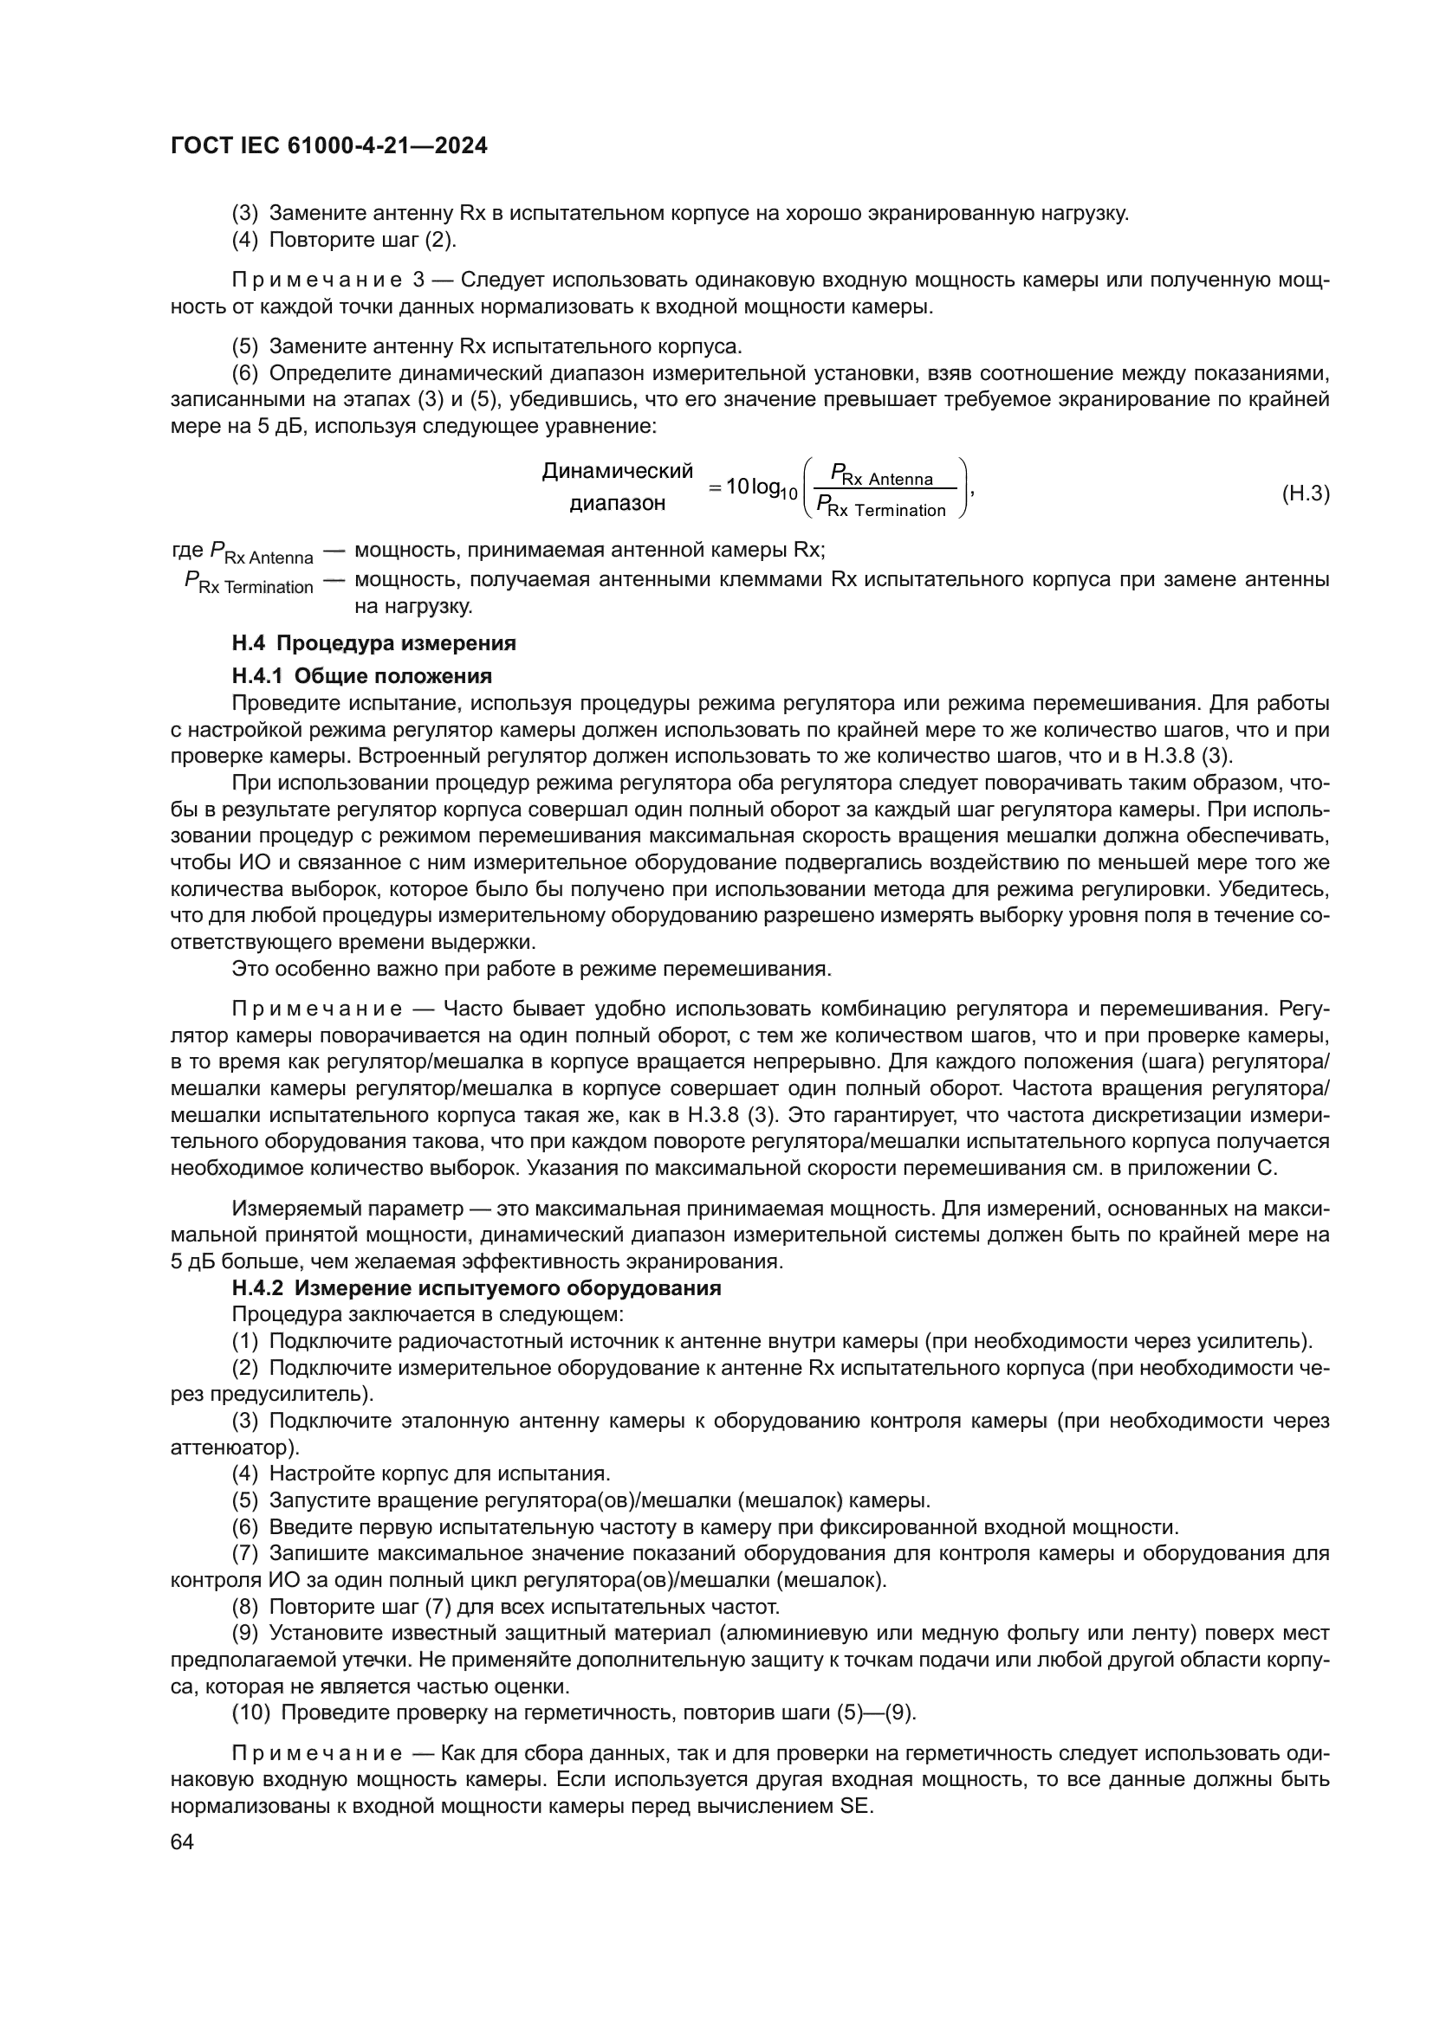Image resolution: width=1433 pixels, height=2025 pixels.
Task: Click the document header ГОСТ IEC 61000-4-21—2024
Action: click(x=328, y=146)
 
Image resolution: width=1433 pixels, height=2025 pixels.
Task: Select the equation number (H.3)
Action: click(x=1304, y=493)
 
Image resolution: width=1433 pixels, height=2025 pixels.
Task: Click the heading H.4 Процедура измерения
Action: click(x=373, y=644)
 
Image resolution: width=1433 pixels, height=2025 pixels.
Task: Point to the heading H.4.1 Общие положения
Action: click(x=362, y=676)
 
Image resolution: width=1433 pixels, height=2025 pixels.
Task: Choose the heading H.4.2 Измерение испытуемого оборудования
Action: click(x=477, y=1288)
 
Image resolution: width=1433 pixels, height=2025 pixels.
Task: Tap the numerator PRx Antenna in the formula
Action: click(x=881, y=477)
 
